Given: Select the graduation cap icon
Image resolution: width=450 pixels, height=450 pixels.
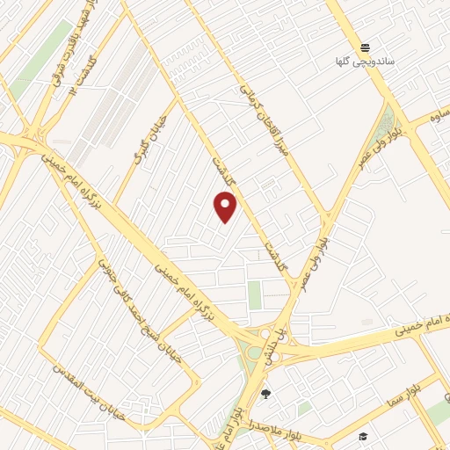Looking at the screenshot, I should click(362, 436).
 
